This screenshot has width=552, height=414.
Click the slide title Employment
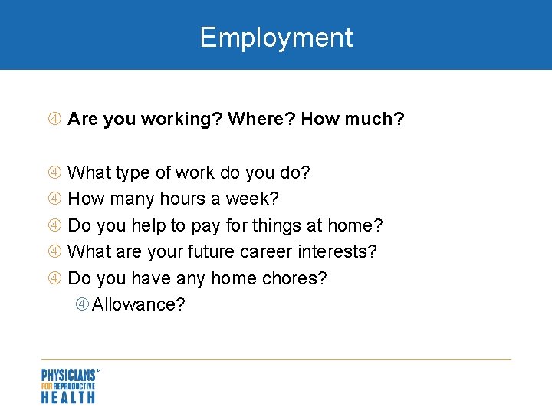[x=276, y=38]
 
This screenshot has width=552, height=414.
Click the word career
[x=268, y=252]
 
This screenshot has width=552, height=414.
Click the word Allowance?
[x=139, y=304]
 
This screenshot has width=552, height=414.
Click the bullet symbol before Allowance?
[x=82, y=304]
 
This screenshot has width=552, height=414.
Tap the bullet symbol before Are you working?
[x=54, y=120]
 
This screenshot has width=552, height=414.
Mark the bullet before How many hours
[x=54, y=199]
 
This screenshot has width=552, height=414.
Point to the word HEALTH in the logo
[x=67, y=396]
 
